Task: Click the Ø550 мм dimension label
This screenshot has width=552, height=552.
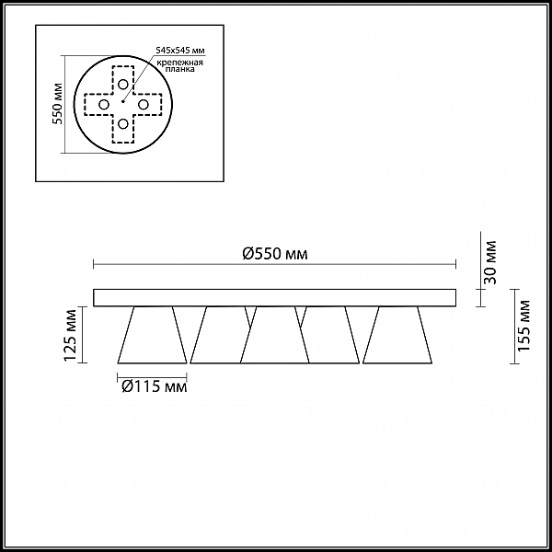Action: (x=275, y=254)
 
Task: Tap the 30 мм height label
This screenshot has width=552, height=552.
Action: (x=489, y=262)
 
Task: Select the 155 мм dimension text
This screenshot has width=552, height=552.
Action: (x=524, y=326)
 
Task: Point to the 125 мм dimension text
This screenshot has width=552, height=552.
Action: (x=70, y=335)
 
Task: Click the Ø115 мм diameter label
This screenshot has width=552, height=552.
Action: (x=155, y=387)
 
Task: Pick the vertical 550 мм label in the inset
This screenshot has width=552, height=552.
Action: (x=57, y=103)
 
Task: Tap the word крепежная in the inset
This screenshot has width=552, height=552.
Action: (x=179, y=63)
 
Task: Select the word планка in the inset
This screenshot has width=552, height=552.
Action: (x=180, y=69)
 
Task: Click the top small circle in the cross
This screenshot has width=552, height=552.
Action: (x=123, y=84)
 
